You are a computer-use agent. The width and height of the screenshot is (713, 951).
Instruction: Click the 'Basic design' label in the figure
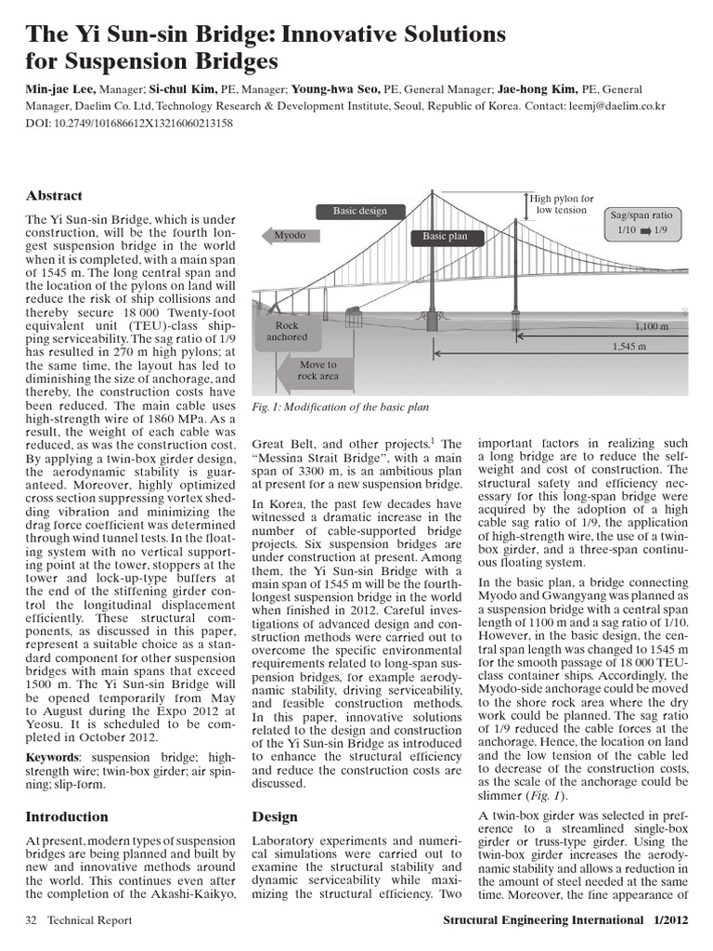coord(359,211)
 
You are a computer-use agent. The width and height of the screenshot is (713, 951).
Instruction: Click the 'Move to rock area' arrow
coord(316,371)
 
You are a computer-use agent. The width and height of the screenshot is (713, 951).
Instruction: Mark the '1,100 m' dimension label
coord(651,327)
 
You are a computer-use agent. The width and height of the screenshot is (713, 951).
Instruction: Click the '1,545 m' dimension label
coord(630,345)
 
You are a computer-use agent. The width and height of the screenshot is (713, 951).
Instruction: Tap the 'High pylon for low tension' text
coord(561,203)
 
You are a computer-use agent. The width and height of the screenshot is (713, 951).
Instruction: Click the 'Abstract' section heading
coord(54,196)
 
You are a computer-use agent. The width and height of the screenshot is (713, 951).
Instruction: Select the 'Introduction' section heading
coord(66,817)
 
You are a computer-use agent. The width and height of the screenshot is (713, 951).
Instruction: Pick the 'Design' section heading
coord(275,817)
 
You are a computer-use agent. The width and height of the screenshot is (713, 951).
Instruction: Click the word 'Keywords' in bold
coord(52,758)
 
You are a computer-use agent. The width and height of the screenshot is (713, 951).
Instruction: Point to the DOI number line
coord(129,122)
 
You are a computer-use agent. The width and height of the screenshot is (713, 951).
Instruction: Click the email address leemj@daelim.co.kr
coord(621,107)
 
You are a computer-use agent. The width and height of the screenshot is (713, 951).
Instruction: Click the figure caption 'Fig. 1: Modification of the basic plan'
coord(341,408)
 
